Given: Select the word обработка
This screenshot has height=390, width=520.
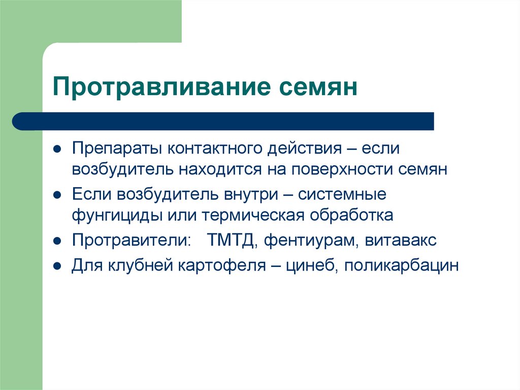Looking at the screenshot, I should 350,215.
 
